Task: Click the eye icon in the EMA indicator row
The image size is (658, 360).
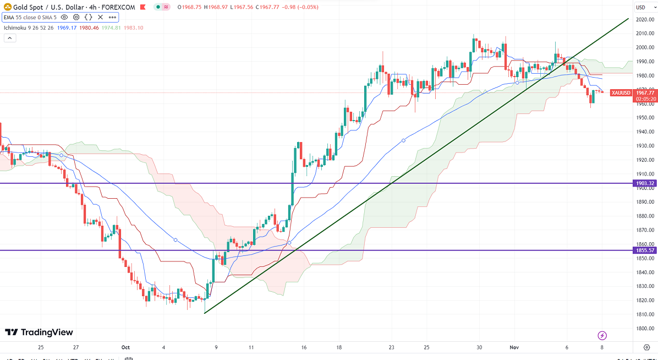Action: click(64, 17)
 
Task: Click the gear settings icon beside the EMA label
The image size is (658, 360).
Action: click(76, 17)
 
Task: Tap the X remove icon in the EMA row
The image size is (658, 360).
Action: click(100, 17)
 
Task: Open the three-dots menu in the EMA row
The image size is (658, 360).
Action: click(112, 17)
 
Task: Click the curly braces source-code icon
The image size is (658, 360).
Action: click(88, 17)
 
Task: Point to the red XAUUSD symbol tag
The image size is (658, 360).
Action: click(621, 93)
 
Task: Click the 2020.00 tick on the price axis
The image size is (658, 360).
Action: click(645, 19)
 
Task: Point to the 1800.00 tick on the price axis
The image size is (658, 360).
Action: click(645, 329)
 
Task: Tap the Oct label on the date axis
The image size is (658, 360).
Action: click(125, 347)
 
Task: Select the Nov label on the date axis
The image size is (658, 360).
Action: click(514, 347)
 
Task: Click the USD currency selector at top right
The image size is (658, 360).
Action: click(641, 7)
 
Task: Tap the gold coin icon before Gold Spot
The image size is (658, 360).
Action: click(7, 7)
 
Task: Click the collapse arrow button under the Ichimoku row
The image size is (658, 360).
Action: click(9, 38)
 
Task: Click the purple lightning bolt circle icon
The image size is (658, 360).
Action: click(602, 335)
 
